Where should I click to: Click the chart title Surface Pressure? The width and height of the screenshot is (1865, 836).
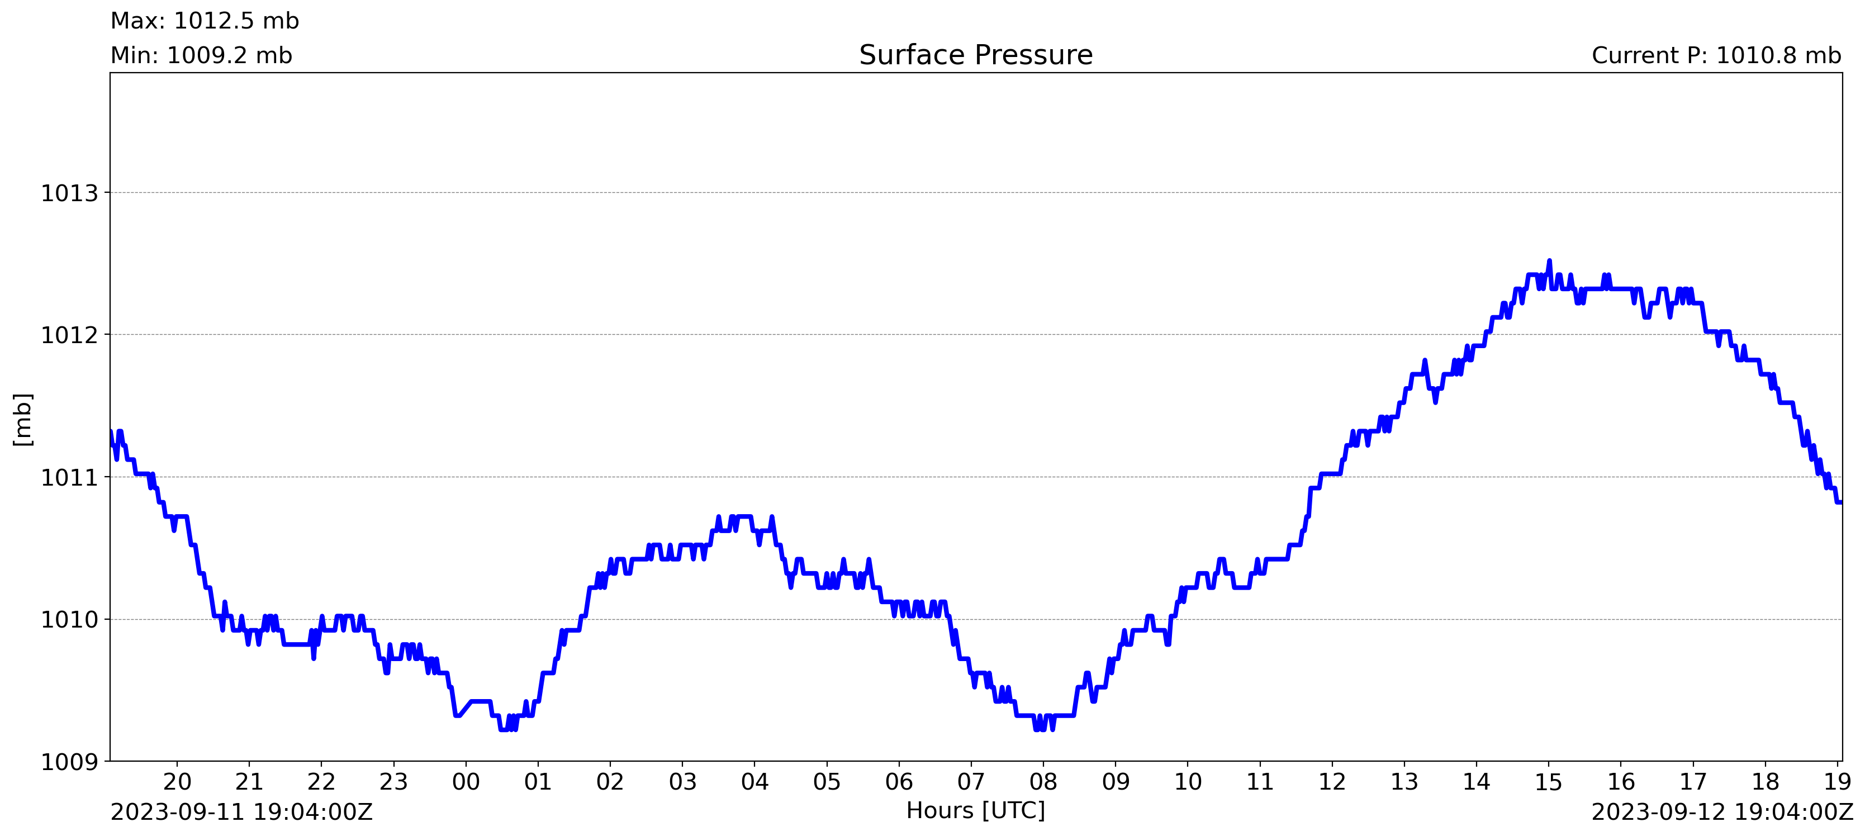coord(975,55)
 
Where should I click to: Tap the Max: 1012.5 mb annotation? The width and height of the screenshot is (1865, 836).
coord(204,21)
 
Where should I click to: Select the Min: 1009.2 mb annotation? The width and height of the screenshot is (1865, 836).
coord(201,56)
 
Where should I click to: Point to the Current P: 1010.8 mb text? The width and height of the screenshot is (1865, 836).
coord(1716,56)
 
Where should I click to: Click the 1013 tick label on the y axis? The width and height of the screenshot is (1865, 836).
coord(69,193)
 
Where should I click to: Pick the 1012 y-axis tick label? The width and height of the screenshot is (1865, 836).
coord(69,335)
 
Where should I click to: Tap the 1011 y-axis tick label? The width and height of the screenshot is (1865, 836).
coord(69,478)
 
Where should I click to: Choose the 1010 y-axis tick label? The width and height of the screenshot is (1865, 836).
coord(69,620)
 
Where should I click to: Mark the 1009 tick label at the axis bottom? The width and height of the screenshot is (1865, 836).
coord(69,762)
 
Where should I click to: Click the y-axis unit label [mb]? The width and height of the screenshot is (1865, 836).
coord(23,419)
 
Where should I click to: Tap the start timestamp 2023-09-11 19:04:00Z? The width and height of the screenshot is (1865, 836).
coord(241,812)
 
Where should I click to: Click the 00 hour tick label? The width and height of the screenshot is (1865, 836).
coord(466,782)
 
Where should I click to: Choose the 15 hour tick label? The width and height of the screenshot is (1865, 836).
coord(1549,782)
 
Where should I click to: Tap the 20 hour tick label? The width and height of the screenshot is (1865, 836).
coord(177,782)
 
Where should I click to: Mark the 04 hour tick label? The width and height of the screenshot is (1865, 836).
coord(754,782)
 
